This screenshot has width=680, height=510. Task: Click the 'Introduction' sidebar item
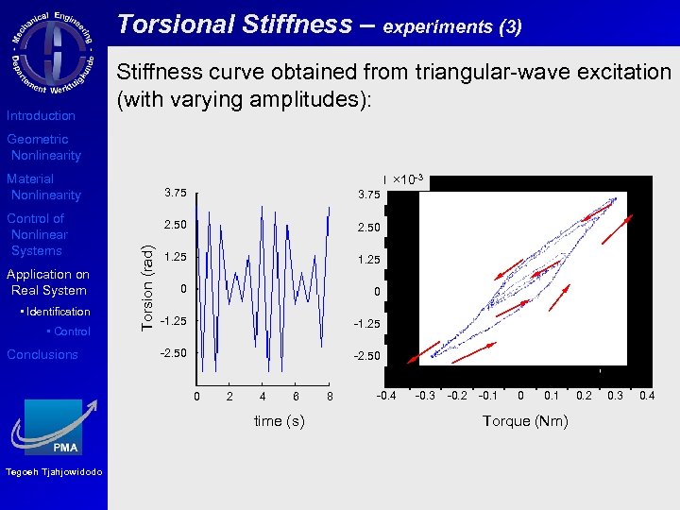click(41, 116)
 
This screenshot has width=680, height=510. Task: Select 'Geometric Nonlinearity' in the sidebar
click(43, 147)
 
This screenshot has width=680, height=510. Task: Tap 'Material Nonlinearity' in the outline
click(43, 187)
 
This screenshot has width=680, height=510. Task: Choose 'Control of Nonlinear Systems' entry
click(38, 234)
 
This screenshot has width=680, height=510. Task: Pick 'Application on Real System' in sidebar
click(47, 282)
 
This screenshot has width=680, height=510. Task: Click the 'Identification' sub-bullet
click(58, 312)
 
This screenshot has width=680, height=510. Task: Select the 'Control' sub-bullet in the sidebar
click(72, 331)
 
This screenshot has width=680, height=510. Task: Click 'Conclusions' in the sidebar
click(42, 355)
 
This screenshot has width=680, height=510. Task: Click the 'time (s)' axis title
click(280, 421)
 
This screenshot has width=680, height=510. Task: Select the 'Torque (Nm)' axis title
click(525, 421)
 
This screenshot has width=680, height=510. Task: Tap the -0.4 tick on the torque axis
click(386, 395)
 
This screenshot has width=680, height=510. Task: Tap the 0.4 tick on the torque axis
click(647, 395)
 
